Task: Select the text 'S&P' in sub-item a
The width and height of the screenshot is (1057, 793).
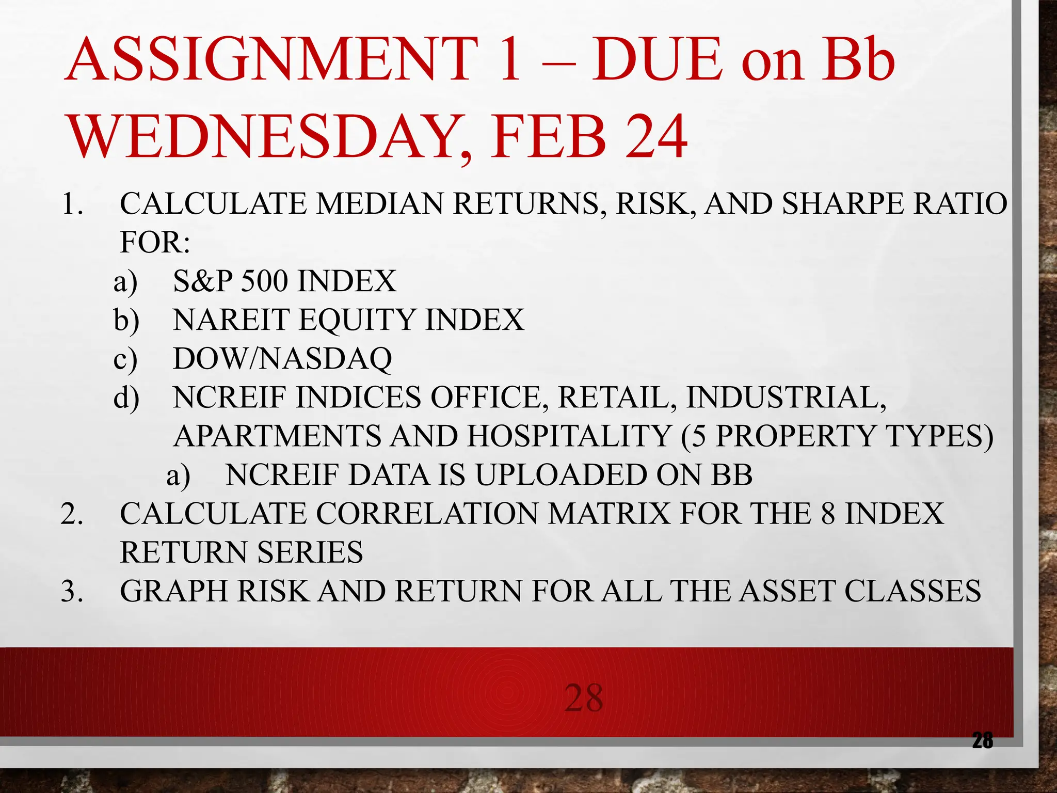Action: [202, 281]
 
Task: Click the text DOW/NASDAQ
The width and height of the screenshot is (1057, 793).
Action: [282, 359]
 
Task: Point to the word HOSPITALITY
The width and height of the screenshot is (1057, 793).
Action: [569, 436]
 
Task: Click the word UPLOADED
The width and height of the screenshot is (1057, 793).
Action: [561, 475]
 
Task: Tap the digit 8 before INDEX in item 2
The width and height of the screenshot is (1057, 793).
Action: [828, 514]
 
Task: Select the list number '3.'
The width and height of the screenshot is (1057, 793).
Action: [72, 592]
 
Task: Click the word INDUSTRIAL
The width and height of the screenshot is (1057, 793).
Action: [786, 398]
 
